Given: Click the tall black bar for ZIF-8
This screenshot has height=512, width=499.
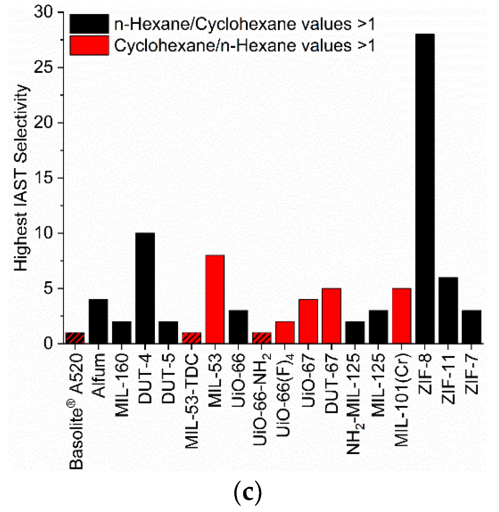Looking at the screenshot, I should click(425, 189).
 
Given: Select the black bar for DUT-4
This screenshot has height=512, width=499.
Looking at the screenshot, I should click(145, 288).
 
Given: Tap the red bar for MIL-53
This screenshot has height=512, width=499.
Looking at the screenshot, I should click(215, 299).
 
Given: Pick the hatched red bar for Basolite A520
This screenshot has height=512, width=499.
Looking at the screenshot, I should click(75, 338).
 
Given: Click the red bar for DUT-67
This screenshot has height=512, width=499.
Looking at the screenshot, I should click(331, 316).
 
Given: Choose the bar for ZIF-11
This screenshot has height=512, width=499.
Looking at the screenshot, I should click(448, 310).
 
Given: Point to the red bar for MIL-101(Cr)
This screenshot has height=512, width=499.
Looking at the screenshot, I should click(401, 316).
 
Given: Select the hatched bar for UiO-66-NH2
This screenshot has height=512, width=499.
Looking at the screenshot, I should click(261, 338).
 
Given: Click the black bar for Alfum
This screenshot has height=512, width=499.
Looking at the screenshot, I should click(98, 321).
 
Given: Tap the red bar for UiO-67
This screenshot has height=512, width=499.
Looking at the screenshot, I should click(308, 321).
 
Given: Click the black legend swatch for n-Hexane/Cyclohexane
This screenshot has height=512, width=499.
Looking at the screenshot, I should click(89, 24).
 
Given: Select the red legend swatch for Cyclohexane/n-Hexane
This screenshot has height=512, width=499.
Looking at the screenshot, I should click(89, 45).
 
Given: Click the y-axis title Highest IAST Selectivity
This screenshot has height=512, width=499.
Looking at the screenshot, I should click(21, 178).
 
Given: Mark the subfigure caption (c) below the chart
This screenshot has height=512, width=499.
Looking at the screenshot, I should click(248, 493).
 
